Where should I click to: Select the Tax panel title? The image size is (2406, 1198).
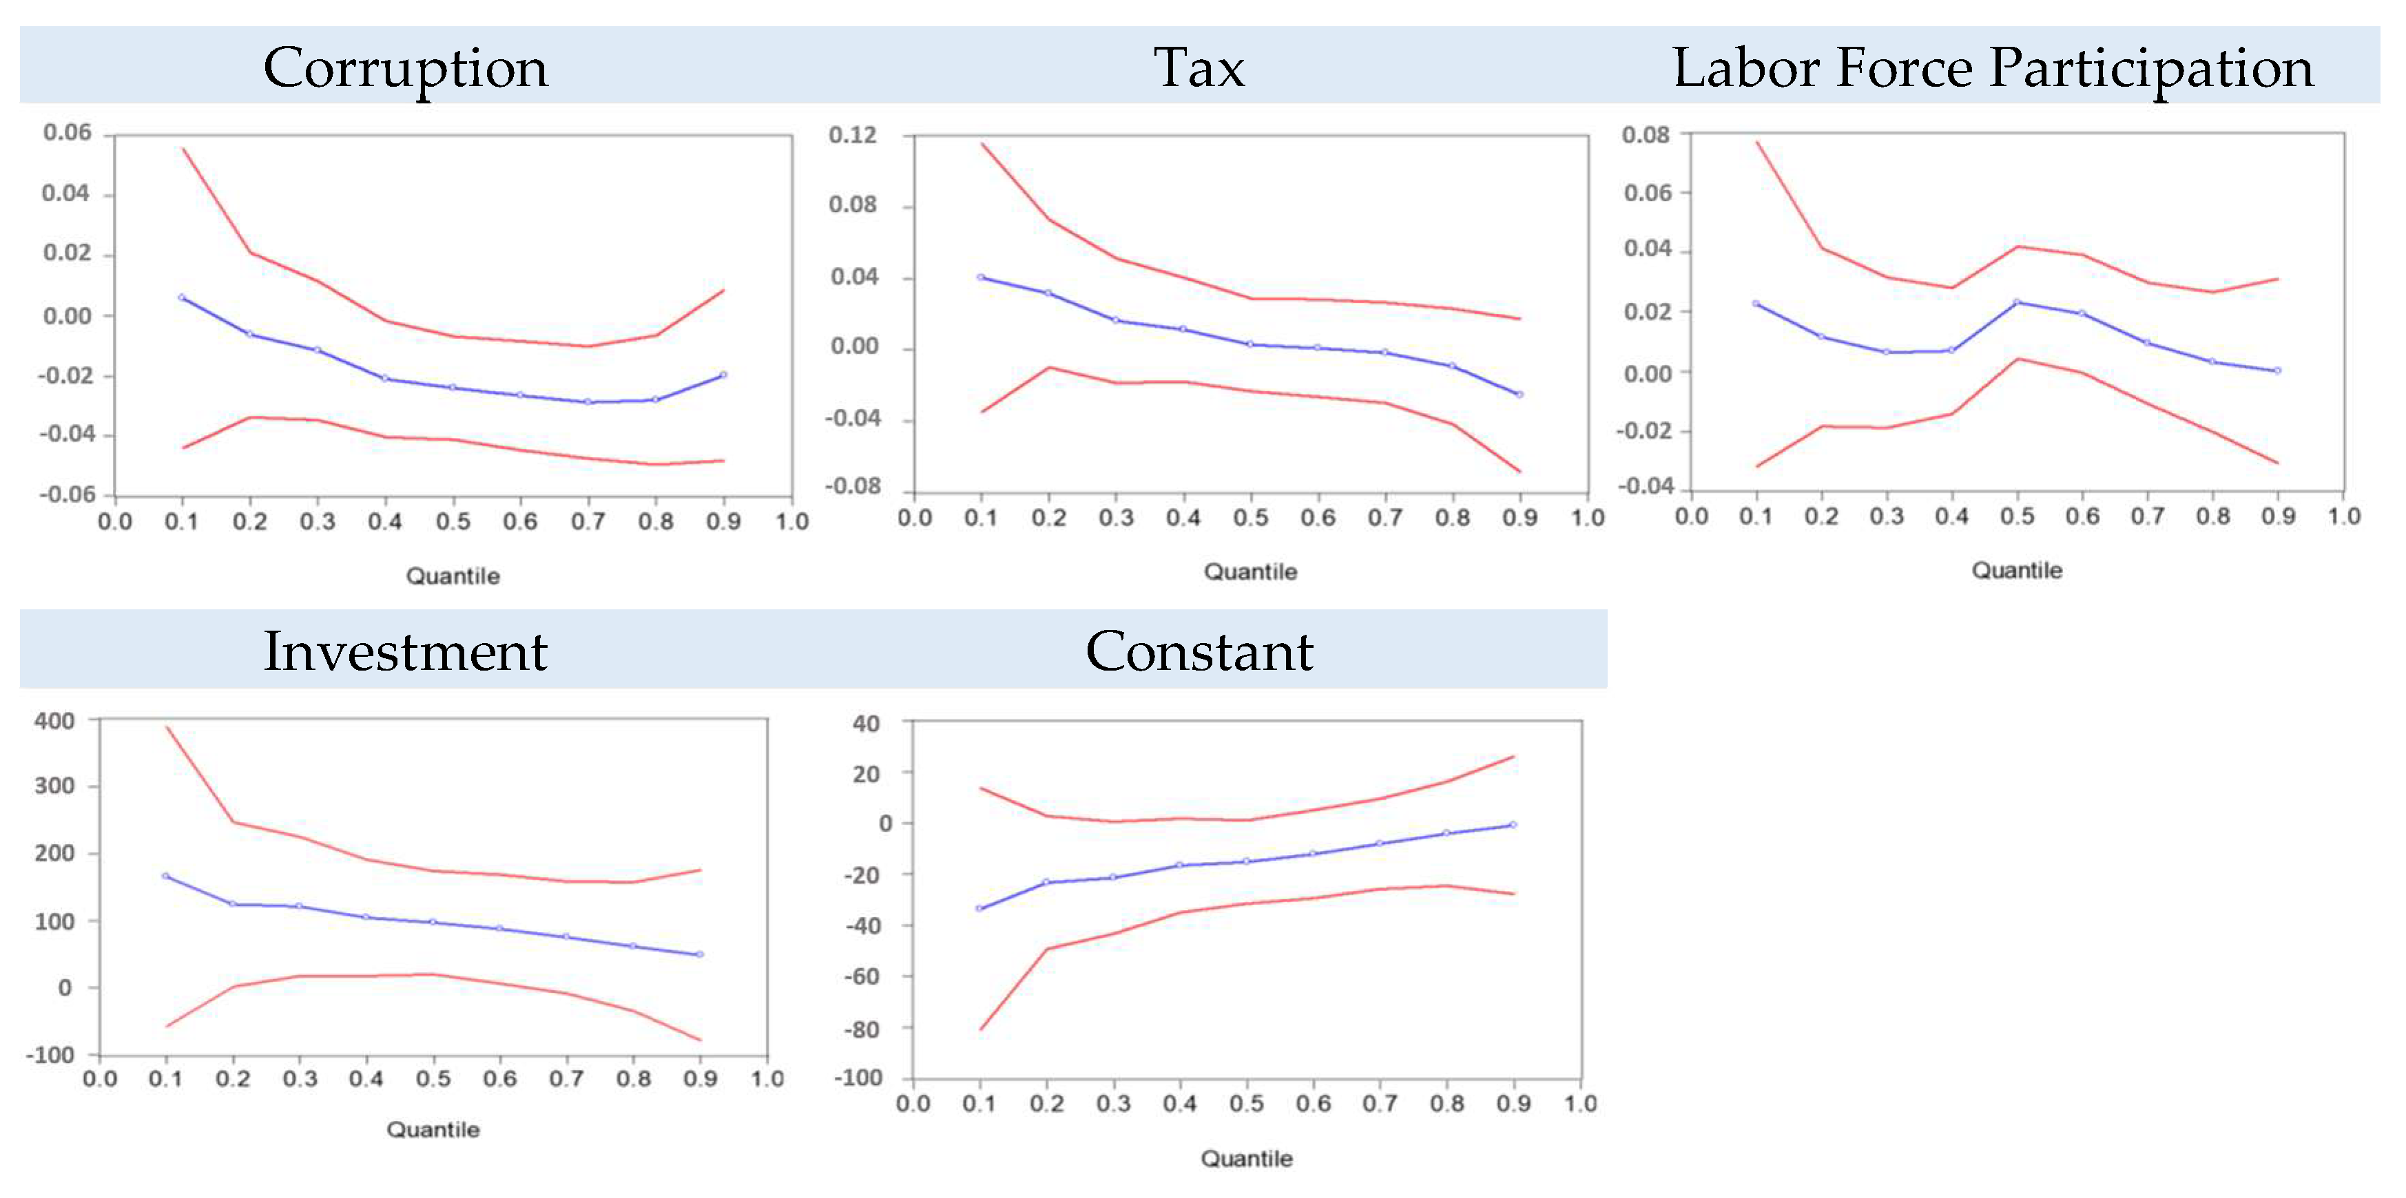coord(1199,67)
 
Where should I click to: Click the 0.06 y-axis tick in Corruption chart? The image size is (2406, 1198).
coord(68,133)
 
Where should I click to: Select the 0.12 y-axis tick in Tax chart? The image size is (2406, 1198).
coord(853,136)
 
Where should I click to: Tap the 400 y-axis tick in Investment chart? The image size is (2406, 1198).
coord(54,721)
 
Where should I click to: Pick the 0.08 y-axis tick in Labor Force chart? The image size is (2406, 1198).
coord(1646,134)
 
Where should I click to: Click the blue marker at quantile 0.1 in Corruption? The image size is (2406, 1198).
coord(182,297)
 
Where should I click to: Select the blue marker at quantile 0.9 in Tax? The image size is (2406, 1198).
coord(1520,394)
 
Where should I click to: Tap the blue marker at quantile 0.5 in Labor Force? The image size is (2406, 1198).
coord(2017,302)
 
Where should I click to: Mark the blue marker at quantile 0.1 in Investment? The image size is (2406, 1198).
coord(165,876)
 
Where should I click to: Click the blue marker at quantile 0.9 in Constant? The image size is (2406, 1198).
coord(1513,825)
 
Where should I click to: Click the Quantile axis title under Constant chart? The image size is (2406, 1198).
coord(1246,1159)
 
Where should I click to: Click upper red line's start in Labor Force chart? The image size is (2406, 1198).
coord(1757,142)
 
